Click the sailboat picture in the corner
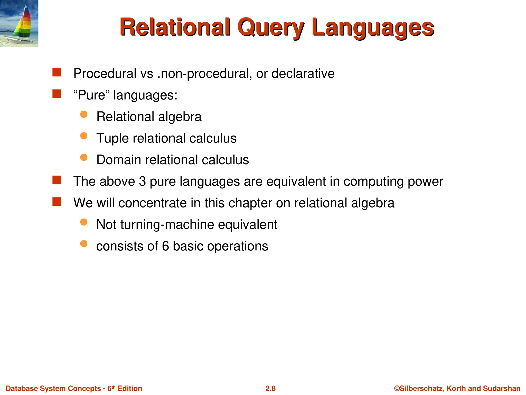click(x=19, y=23)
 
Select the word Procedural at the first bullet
click(x=105, y=74)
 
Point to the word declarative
click(x=303, y=74)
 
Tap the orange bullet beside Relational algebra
click(x=84, y=114)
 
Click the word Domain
click(x=119, y=160)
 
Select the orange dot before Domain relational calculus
click(x=84, y=157)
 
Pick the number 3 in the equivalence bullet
click(x=142, y=181)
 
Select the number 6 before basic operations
click(x=165, y=246)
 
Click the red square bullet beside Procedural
click(x=57, y=72)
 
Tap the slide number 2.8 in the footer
click(x=270, y=388)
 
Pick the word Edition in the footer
click(x=130, y=388)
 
